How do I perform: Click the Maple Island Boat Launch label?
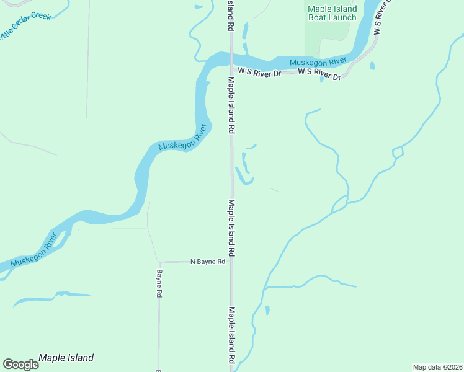click(332, 13)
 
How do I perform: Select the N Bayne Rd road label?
click(207, 262)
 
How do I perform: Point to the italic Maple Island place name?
click(66, 358)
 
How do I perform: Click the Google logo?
click(20, 365)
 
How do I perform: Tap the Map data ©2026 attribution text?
click(437, 366)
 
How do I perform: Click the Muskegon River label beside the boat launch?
click(318, 61)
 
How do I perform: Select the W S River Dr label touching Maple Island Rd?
click(260, 73)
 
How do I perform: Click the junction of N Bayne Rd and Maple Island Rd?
click(231, 262)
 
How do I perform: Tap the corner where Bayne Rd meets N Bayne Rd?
click(159, 262)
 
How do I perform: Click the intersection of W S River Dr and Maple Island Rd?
click(231, 72)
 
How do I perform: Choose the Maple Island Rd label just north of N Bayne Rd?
click(231, 228)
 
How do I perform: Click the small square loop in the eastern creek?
click(398, 152)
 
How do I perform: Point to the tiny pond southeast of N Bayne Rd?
click(267, 309)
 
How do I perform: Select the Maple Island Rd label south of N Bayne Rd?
click(231, 335)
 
